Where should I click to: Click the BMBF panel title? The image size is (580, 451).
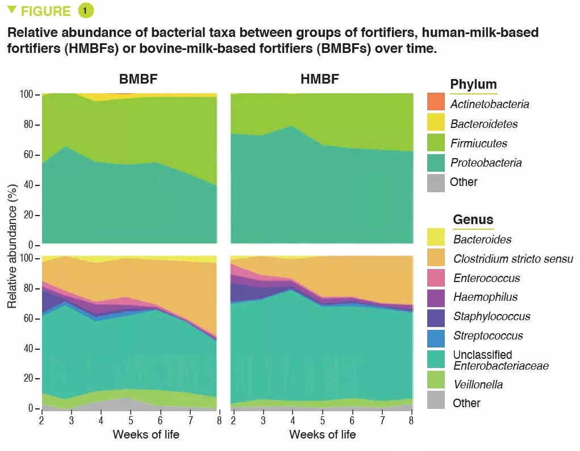(138, 79)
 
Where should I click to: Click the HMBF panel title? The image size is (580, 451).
(320, 79)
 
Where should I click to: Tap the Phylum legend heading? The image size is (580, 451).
(473, 85)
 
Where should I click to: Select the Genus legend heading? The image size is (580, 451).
(473, 220)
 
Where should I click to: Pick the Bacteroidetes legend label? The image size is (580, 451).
(484, 124)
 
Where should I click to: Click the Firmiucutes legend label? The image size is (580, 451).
(479, 143)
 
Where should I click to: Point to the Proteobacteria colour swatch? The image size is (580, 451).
(436, 163)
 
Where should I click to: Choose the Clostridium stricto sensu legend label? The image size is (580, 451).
(513, 259)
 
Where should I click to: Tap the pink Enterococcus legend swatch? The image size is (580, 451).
(436, 278)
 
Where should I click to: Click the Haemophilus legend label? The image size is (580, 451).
(485, 297)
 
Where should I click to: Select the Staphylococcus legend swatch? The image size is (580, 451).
(436, 317)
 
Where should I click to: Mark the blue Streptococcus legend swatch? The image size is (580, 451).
(436, 336)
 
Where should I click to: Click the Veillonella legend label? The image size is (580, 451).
(478, 384)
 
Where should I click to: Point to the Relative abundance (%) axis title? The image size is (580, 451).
(11, 250)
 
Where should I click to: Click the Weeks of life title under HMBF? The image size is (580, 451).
(322, 435)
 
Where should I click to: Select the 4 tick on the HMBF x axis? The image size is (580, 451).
(293, 420)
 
